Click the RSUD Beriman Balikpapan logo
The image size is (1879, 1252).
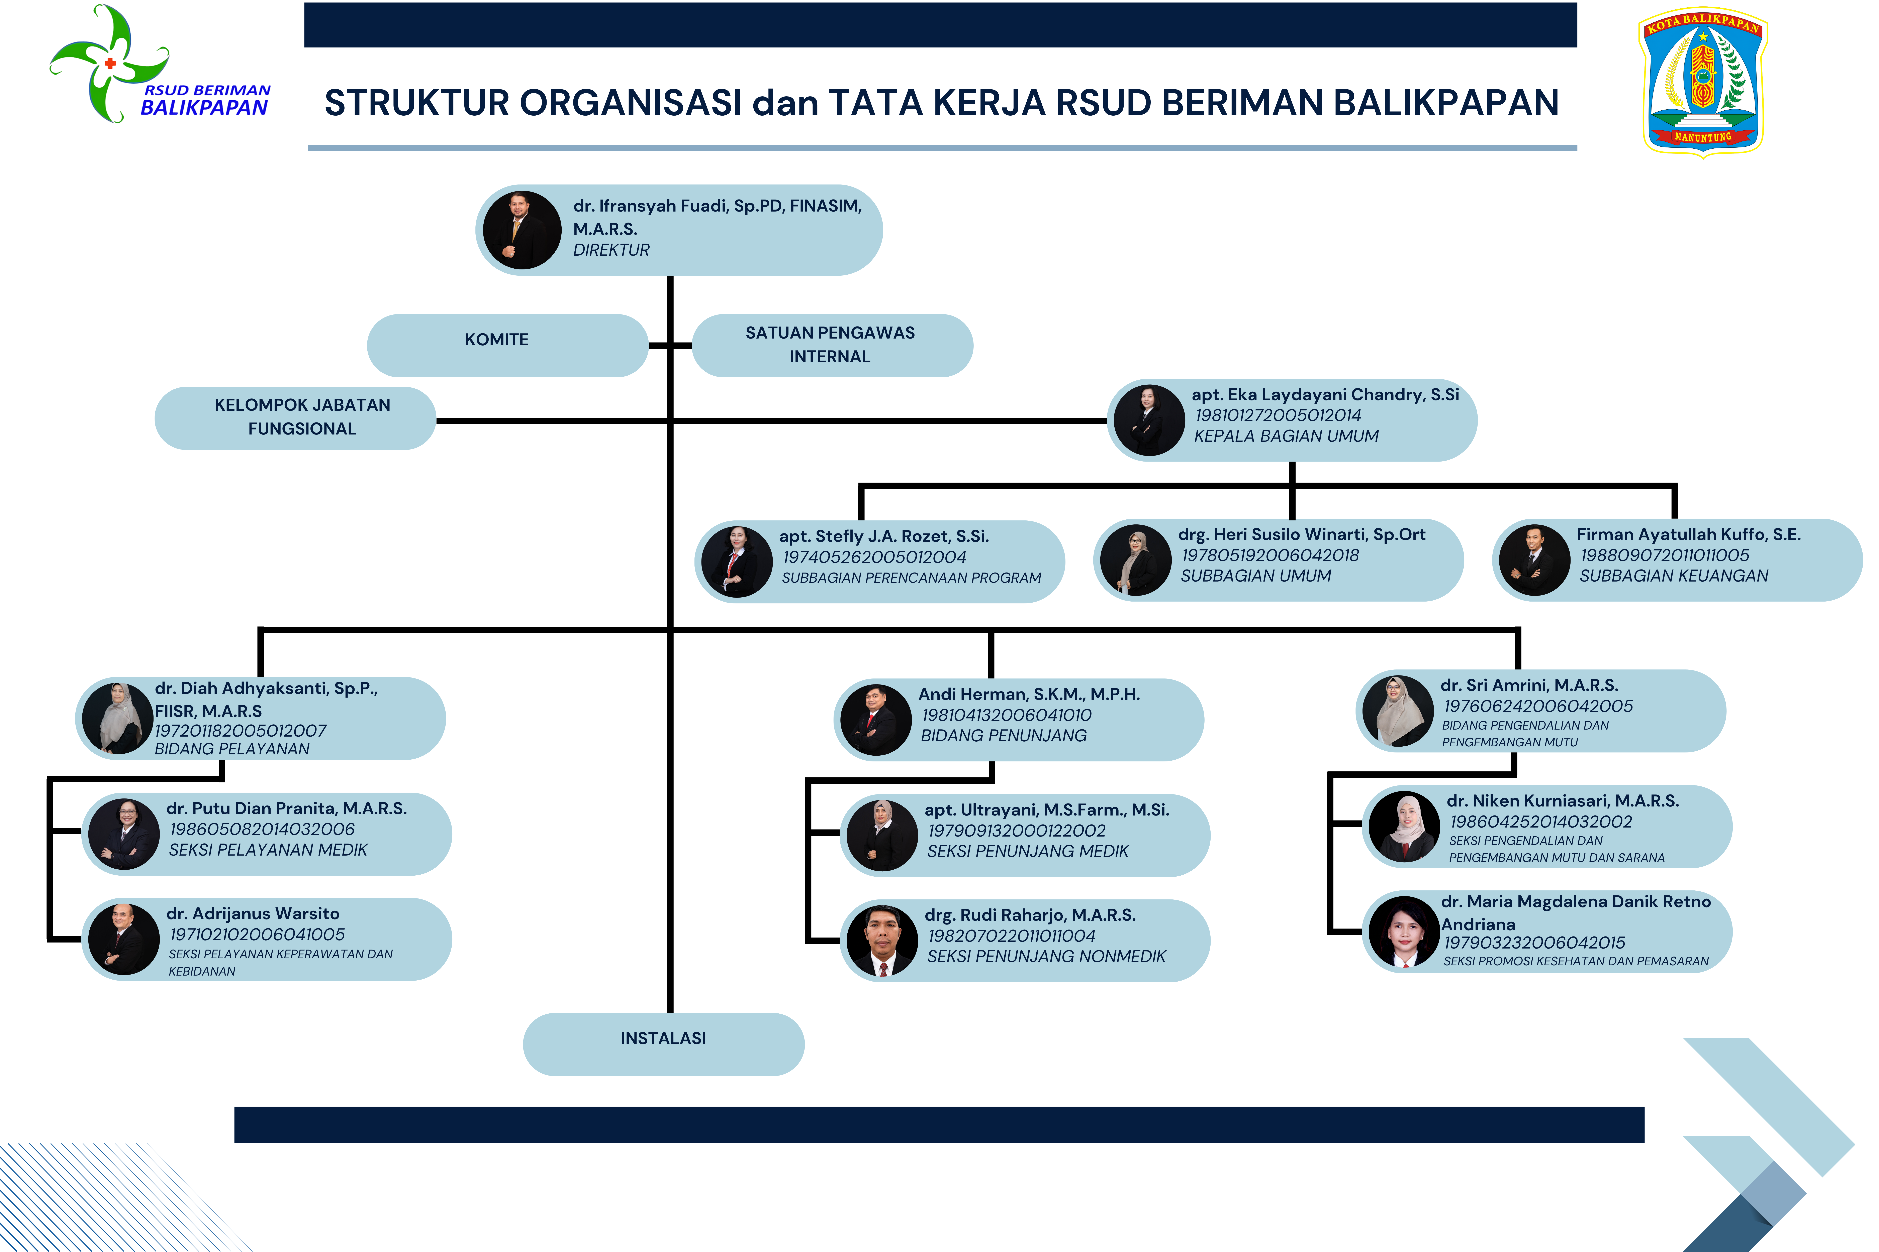[160, 64]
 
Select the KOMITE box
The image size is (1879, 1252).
[507, 345]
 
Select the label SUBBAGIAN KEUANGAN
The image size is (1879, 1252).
[1674, 576]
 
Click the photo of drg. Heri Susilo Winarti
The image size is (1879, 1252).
[1135, 560]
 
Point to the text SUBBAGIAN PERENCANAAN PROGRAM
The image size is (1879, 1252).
[912, 577]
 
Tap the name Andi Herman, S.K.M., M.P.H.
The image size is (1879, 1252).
[1029, 694]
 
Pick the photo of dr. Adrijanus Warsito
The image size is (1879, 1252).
[124, 939]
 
